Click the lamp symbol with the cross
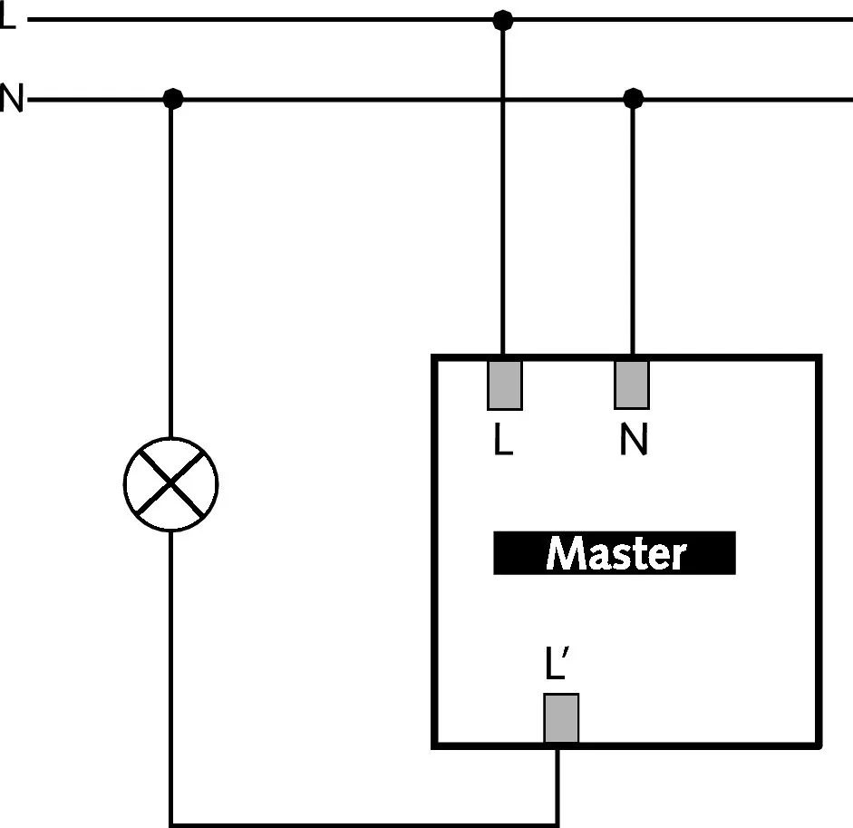pos(170,484)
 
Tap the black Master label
pos(614,553)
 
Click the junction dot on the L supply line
pos(501,19)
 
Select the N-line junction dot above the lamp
pos(172,99)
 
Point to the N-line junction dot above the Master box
pos(633,98)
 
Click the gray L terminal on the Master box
pos(504,385)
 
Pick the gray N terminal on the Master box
pos(632,385)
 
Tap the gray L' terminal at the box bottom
pos(561,719)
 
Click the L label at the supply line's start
pos(7,18)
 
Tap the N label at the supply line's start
pos(11,98)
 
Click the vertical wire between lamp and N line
pos(170,272)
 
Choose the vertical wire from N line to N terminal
pos(633,227)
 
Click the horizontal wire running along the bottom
pos(363,824)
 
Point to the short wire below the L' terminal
pos(558,784)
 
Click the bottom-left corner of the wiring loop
pos(171,823)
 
